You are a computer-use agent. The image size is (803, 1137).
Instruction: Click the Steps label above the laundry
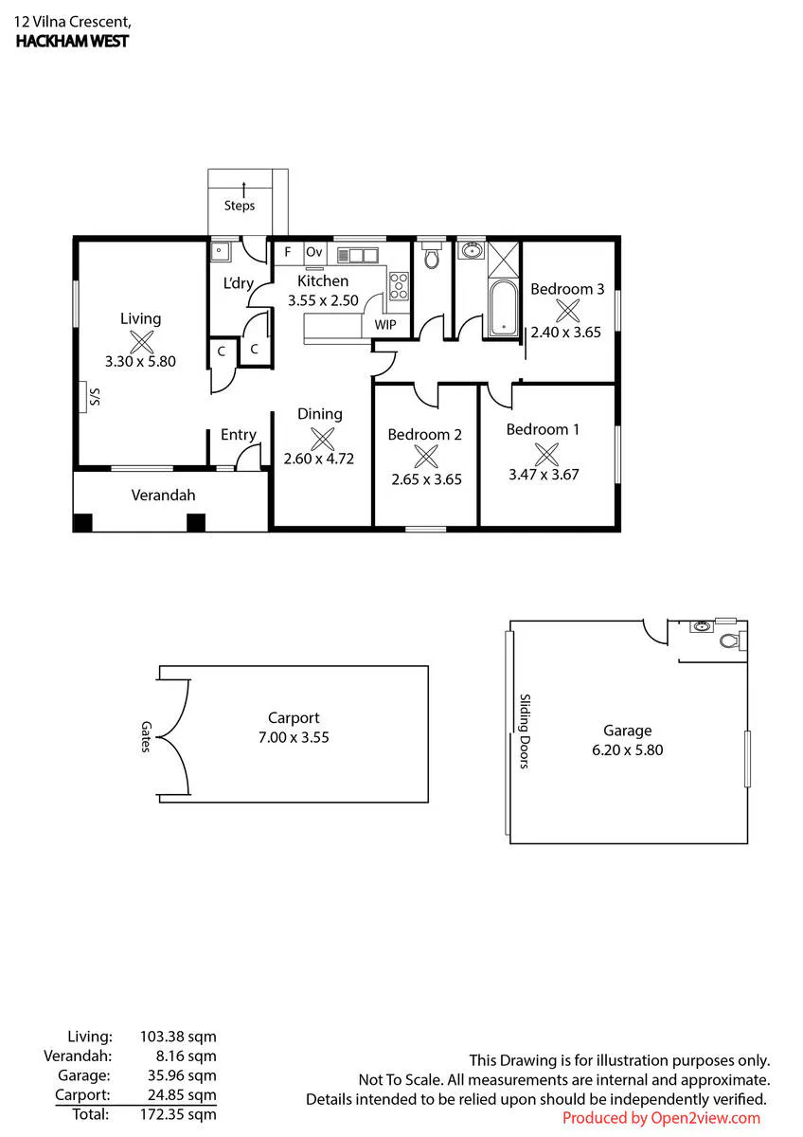tap(240, 206)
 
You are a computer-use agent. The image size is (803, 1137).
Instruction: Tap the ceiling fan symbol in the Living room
tap(141, 342)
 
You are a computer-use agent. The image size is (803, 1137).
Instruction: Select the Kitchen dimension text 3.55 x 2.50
tap(323, 300)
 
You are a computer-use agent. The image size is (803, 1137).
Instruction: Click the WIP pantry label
tap(385, 324)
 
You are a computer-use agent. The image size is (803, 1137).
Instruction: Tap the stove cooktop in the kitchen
tap(399, 286)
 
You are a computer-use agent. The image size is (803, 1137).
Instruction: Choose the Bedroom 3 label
tap(567, 289)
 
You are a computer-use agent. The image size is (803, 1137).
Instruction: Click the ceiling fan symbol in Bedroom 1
tap(546, 454)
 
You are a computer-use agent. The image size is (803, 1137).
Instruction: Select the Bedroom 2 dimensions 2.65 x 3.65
tap(427, 479)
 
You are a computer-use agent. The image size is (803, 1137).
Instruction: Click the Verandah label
tap(163, 495)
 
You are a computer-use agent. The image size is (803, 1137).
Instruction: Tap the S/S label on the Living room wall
tap(95, 396)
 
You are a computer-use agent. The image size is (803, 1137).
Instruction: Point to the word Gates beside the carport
tap(146, 736)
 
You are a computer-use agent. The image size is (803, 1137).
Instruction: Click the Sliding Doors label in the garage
tap(525, 731)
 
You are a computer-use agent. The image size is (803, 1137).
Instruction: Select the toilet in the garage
tap(729, 641)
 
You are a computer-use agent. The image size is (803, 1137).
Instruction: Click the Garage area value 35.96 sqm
tap(182, 1075)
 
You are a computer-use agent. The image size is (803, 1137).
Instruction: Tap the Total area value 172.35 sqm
tap(178, 1114)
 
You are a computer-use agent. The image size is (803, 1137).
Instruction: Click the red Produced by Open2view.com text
tap(661, 1118)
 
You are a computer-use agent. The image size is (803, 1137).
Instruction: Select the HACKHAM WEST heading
tap(72, 41)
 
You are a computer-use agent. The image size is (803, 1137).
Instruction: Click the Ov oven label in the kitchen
tap(314, 252)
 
